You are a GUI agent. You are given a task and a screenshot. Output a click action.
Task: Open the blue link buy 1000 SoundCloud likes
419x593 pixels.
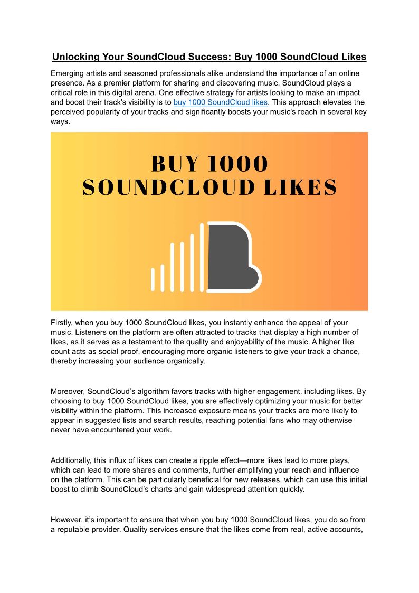click(220, 102)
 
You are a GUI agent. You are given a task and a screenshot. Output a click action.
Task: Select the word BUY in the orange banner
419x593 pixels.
click(174, 164)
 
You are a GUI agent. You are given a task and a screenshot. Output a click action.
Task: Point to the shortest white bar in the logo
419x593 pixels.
click(153, 279)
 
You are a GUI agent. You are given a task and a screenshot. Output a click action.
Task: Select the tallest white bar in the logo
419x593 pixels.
click(202, 257)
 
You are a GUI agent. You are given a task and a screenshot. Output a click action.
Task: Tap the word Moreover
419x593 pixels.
click(68, 392)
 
